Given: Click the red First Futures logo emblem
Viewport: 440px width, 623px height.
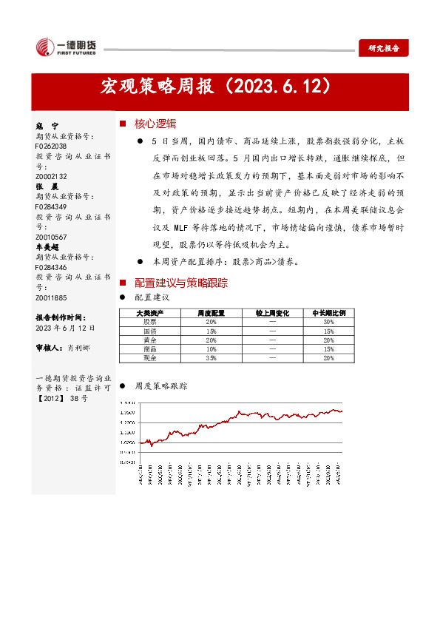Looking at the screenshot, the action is tap(44, 46).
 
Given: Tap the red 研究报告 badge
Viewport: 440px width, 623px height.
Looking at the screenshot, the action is tap(384, 48).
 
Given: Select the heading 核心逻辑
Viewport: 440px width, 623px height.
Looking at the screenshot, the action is tap(155, 124).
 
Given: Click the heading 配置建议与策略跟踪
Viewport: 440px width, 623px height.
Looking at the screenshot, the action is tap(180, 283).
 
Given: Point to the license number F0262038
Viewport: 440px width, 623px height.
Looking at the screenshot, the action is tap(51, 147).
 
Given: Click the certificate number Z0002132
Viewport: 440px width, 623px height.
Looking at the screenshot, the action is tap(51, 177).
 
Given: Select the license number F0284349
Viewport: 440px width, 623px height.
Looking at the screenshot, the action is tap(51, 207).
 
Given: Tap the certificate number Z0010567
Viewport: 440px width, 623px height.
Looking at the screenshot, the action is tap(51, 237).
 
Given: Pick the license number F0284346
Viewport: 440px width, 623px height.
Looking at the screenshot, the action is tap(51, 267).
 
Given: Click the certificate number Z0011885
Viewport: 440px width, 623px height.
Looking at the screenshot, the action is tap(51, 297).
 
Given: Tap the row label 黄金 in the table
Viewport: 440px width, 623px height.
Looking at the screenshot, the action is tap(150, 340).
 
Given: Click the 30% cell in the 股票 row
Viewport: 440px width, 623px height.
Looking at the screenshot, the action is tap(328, 322).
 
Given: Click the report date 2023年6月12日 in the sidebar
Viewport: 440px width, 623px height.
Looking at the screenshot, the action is tap(64, 327).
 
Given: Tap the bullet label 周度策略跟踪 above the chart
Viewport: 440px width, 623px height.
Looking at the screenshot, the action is tap(160, 385).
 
